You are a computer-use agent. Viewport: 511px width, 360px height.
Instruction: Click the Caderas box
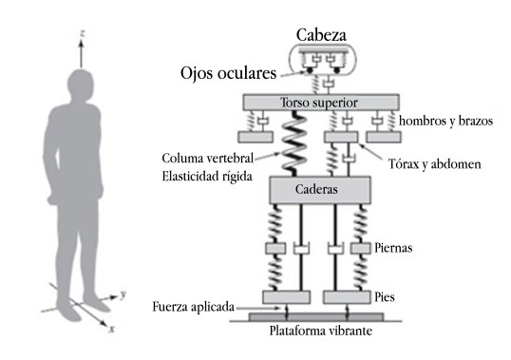pyautogui.click(x=319, y=189)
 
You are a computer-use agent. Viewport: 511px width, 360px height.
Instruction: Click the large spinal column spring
pyautogui.click(x=290, y=142)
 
